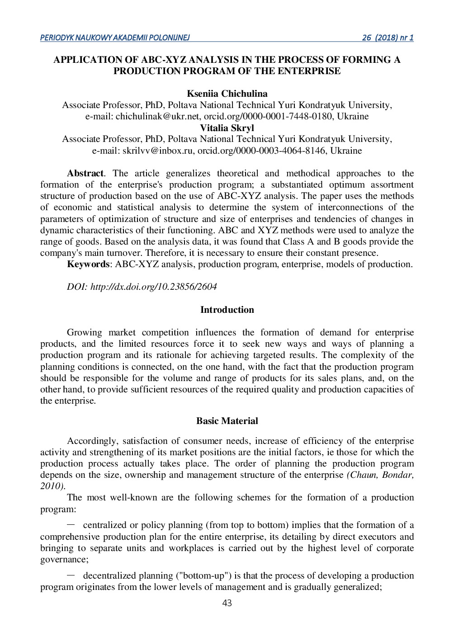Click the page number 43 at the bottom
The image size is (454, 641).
[x=227, y=603]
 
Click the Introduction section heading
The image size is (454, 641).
[x=227, y=310]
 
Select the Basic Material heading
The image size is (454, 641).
[x=227, y=421]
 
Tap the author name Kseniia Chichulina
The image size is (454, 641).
[x=227, y=94]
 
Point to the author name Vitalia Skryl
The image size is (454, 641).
[x=227, y=128]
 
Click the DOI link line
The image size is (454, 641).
[x=142, y=287]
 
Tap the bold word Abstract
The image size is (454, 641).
[x=85, y=174]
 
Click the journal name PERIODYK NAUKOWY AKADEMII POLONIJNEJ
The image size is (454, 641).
[x=115, y=38]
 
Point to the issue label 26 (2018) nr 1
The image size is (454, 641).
[x=388, y=38]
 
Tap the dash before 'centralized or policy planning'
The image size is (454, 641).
[x=71, y=525]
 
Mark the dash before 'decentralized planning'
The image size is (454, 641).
[x=71, y=575]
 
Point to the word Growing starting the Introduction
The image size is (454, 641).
[x=84, y=333]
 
